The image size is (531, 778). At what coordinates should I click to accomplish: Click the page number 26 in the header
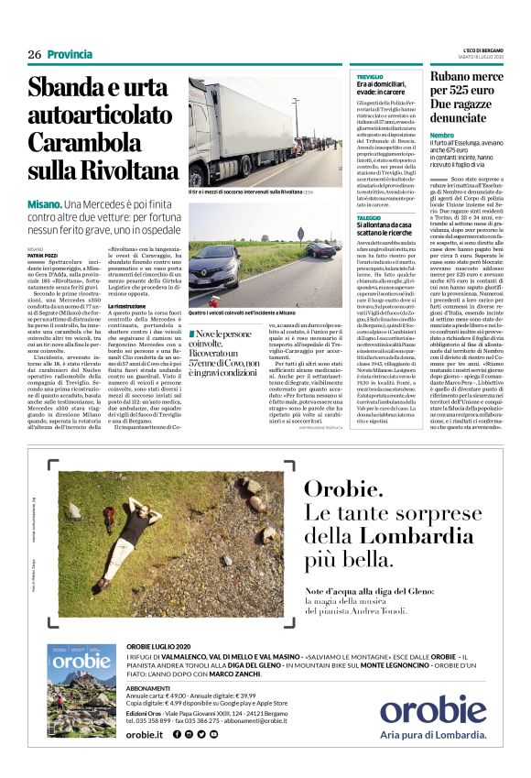point(35,54)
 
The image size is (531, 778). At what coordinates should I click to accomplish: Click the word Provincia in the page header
point(70,54)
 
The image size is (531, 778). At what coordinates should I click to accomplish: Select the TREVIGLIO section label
point(370,76)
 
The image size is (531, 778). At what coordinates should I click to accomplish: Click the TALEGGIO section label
point(370,216)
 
